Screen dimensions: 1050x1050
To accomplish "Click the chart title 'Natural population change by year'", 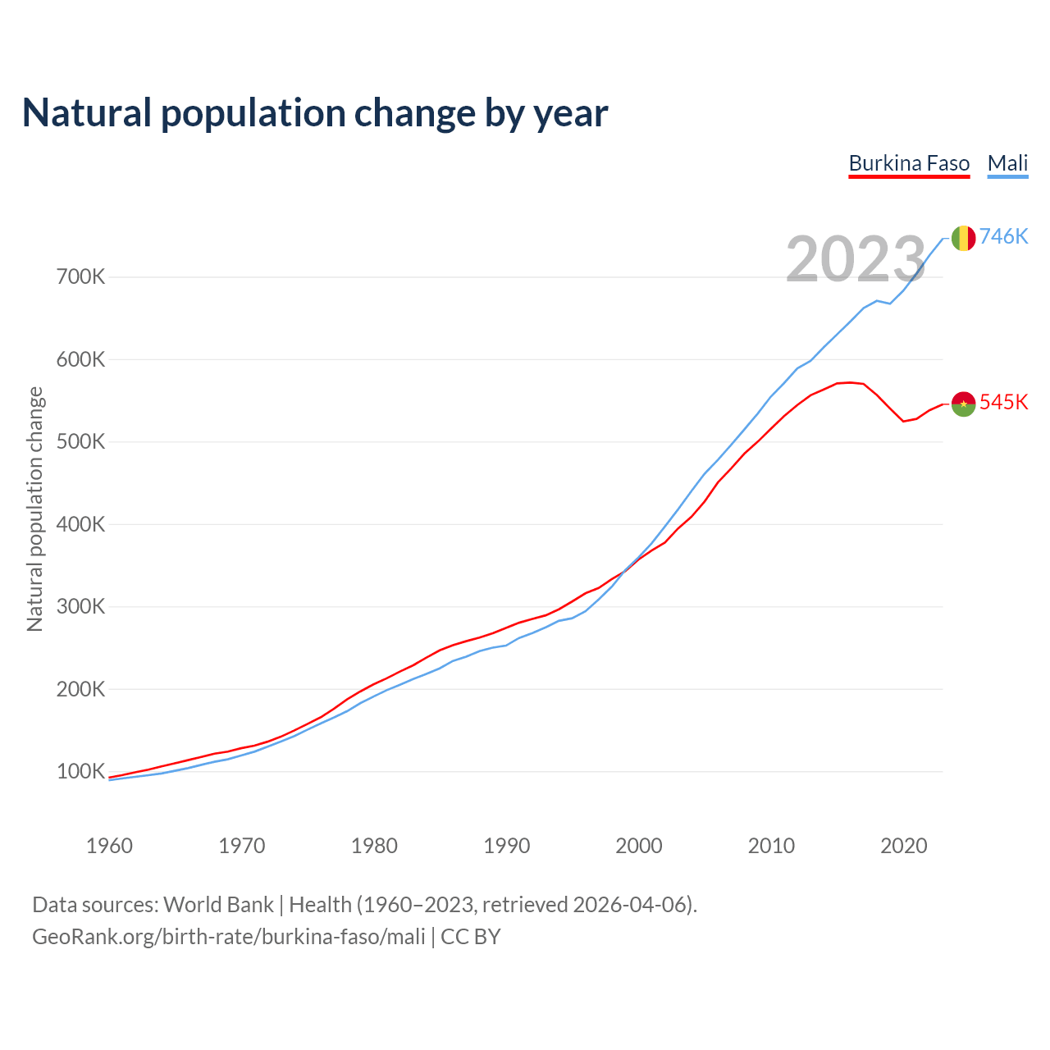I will [315, 113].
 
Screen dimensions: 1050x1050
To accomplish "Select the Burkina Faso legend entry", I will [909, 163].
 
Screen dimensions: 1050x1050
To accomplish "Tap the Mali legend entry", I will [1007, 163].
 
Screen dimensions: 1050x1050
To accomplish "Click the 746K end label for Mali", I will [1003, 236].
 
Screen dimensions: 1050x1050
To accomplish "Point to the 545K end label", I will [1003, 402].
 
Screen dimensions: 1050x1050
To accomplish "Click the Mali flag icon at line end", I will [963, 238].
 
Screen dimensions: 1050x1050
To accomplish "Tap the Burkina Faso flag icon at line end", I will [963, 404].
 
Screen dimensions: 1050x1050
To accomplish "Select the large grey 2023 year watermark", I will [856, 259].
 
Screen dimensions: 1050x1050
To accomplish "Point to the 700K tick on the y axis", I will [81, 276].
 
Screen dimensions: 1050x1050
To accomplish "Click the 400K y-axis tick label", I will [81, 524].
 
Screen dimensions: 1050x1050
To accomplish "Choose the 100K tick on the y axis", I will [81, 771].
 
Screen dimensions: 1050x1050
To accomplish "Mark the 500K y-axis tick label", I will [81, 441].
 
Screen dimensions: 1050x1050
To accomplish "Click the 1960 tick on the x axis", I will [109, 846].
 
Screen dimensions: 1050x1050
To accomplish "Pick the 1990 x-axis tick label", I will [506, 846].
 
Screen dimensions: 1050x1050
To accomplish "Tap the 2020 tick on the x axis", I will [903, 846].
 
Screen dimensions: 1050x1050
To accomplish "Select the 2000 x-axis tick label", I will [639, 846].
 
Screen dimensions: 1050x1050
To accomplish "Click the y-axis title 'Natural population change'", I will [35, 509].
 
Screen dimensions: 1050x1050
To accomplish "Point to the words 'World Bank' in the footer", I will [218, 905].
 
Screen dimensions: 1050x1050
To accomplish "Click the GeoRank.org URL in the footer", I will [229, 937].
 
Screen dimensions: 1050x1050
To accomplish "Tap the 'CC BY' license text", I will [471, 937].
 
